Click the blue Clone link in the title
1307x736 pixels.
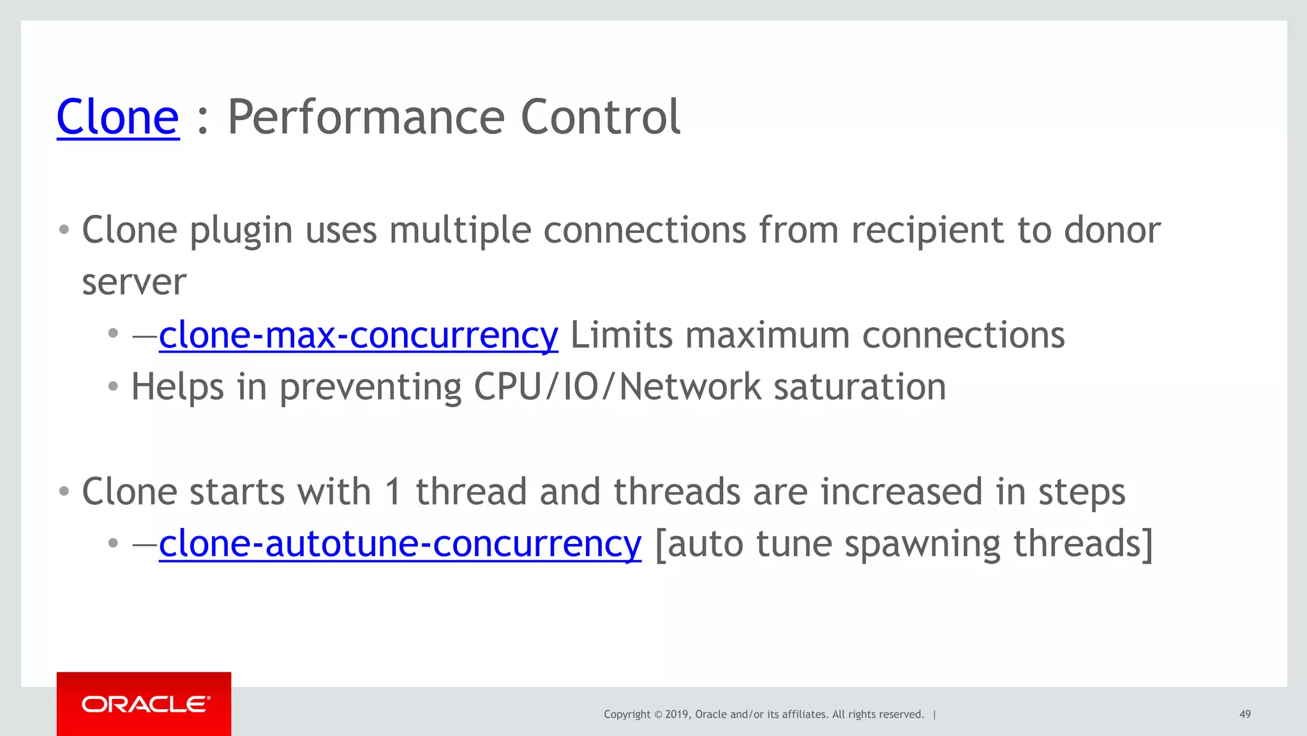click(x=118, y=117)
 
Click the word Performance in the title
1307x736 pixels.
click(x=366, y=117)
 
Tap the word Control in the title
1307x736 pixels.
click(x=601, y=117)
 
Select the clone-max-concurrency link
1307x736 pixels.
click(x=358, y=335)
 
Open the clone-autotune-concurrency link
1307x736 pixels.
click(x=400, y=544)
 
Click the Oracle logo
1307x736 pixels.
click(x=144, y=704)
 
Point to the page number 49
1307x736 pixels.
click(x=1244, y=714)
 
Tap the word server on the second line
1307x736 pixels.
click(x=134, y=282)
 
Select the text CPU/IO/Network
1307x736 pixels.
click(x=617, y=387)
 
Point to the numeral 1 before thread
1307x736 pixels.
click(x=393, y=492)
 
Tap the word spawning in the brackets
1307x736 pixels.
click(x=922, y=544)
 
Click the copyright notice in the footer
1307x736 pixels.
click(x=763, y=714)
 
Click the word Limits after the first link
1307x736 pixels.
click(x=621, y=335)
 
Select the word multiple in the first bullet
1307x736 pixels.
click(x=459, y=230)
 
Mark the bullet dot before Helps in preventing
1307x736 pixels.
click(x=113, y=386)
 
